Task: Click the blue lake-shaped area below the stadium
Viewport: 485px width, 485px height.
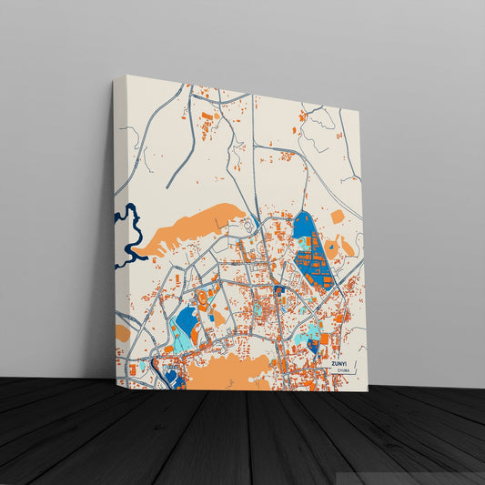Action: tap(187, 320)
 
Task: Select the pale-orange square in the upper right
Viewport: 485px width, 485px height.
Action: tap(338, 216)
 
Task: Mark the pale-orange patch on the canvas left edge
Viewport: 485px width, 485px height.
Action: tap(122, 333)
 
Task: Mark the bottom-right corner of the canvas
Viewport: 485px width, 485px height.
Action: tap(361, 389)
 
